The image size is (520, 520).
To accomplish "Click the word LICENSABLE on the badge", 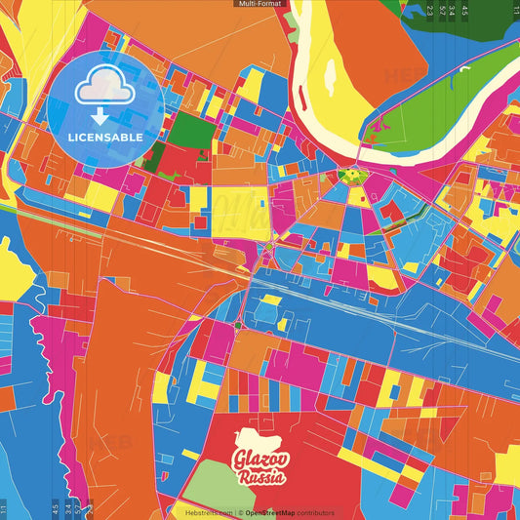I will [105, 137].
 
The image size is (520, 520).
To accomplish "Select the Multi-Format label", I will [260, 4].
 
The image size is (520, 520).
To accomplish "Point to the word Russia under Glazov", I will [261, 478].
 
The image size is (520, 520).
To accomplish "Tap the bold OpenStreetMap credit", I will [273, 512].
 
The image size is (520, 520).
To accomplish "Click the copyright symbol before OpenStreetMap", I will [240, 512].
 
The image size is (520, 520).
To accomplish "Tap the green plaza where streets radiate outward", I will [350, 176].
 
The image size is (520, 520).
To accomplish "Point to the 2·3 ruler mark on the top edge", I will [429, 11].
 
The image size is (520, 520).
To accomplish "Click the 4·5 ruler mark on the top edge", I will [464, 11].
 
